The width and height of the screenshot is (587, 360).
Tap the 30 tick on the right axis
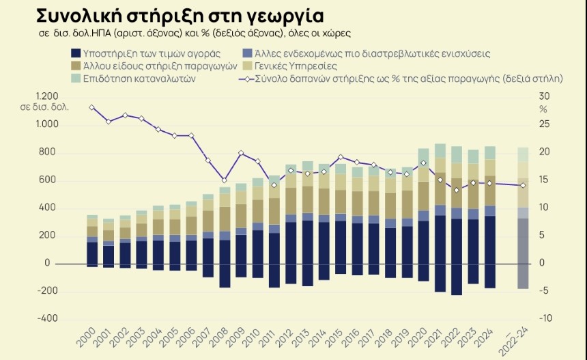[x=544, y=96]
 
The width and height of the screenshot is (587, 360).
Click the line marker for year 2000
[x=92, y=107]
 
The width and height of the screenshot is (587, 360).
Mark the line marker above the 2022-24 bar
[x=523, y=185]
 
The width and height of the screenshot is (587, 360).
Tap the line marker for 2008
[x=224, y=180]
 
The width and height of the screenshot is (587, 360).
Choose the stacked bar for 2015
[x=340, y=219]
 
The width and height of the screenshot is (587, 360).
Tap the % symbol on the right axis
[x=543, y=109]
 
